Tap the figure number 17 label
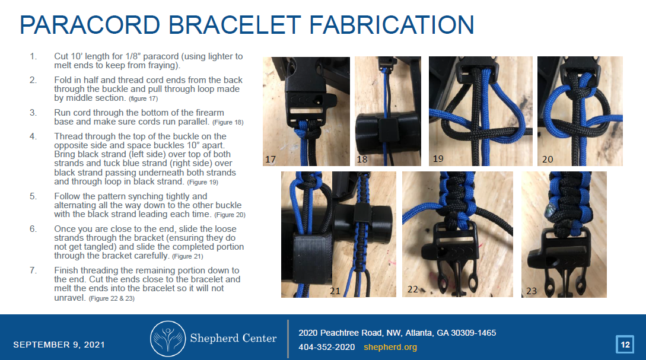click(271, 159)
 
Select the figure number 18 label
click(362, 160)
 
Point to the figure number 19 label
click(438, 159)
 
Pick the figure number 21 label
click(335, 291)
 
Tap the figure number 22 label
click(413, 289)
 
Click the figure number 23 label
click(532, 291)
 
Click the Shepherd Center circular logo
click(167, 338)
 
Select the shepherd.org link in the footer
click(390, 347)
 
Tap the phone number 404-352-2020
click(327, 347)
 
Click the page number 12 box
click(625, 344)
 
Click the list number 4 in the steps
click(33, 136)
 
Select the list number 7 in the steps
click(33, 270)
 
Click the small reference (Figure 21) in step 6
click(187, 256)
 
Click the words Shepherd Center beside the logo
click(233, 338)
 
